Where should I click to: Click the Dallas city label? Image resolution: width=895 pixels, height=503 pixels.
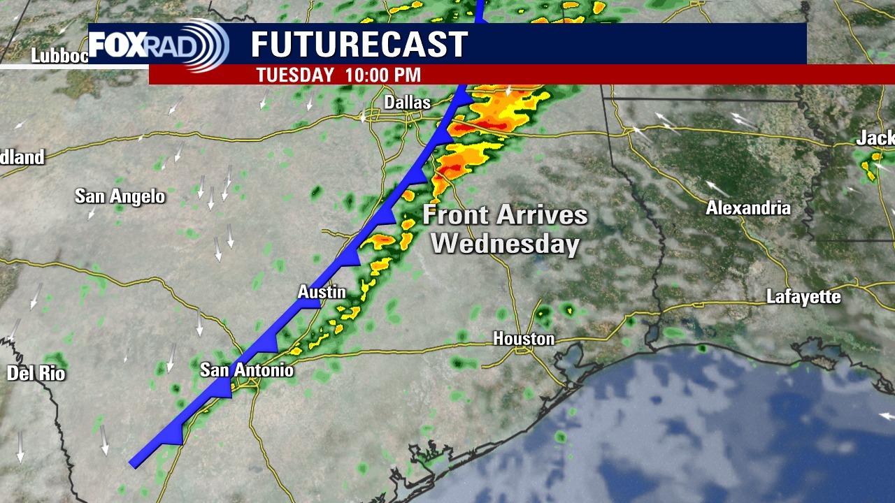coord(407,103)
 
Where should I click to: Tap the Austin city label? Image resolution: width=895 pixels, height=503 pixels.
coord(322,292)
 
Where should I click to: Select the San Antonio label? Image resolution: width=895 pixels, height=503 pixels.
coord(247,370)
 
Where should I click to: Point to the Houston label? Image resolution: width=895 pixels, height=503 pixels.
coord(524,339)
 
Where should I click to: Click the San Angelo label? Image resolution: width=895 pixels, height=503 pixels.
coord(120,196)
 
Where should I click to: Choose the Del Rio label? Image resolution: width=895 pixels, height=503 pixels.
coord(36,374)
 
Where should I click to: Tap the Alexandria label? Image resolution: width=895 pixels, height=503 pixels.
coord(748,208)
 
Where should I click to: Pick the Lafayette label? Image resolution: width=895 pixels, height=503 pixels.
coord(803,297)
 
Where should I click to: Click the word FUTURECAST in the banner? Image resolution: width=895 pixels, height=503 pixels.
coord(359,45)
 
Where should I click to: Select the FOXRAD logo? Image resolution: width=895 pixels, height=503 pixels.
coord(159,45)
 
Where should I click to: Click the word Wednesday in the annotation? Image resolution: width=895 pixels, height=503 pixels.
coord(505,244)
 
